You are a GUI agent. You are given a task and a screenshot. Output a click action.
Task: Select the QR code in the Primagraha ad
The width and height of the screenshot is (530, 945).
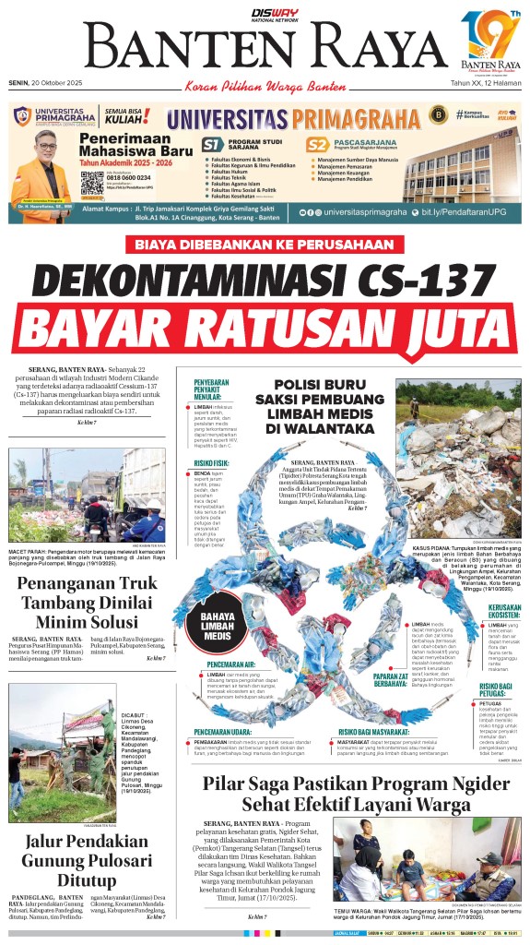pos(91,183)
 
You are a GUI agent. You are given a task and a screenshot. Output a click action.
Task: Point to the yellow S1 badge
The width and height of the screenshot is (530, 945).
pos(213,145)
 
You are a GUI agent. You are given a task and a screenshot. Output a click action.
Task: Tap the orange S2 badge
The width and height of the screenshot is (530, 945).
pos(317,145)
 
